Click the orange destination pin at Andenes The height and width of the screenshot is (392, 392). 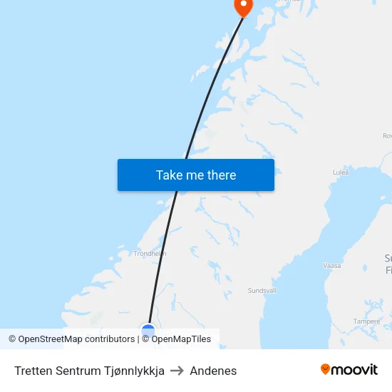[244, 6]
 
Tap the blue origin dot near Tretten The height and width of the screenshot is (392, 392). [148, 331]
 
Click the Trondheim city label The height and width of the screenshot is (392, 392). [150, 253]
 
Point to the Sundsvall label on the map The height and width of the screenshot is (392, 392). [262, 291]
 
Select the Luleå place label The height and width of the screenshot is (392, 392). [341, 172]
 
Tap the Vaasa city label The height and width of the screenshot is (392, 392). [332, 265]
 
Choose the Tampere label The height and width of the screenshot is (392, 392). [366, 321]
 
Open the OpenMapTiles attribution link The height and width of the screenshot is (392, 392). [181, 339]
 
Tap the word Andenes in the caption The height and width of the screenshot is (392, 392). [213, 371]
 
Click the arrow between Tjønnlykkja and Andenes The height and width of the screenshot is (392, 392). [177, 371]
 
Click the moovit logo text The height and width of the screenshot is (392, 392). [354, 370]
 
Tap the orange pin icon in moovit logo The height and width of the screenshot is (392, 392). [326, 369]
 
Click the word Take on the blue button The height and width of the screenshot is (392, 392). [169, 175]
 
